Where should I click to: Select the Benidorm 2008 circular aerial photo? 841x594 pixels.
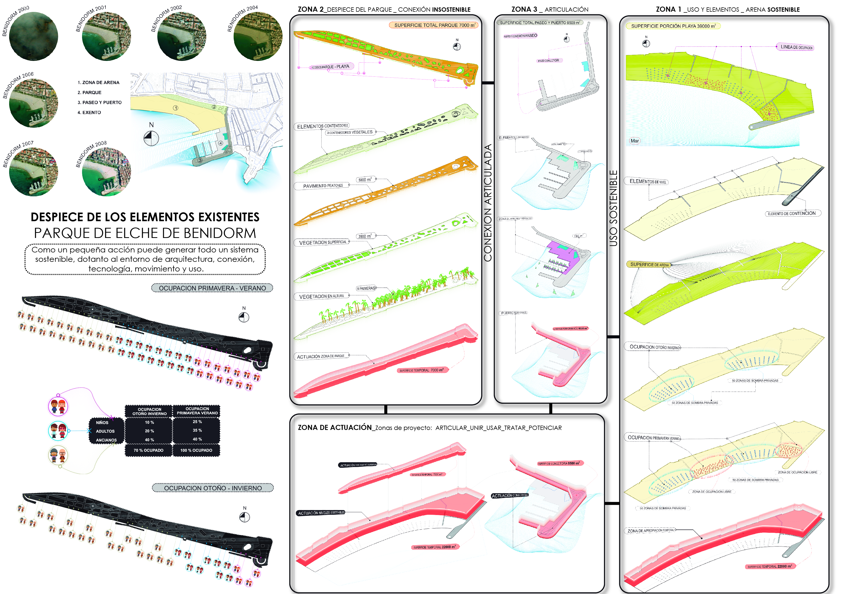(106, 172)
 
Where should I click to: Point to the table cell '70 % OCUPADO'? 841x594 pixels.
(148, 450)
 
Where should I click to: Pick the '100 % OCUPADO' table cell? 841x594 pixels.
(196, 450)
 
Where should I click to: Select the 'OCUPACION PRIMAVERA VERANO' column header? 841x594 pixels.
(197, 411)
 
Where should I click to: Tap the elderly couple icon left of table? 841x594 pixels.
(58, 455)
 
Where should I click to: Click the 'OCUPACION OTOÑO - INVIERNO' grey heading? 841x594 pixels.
(213, 488)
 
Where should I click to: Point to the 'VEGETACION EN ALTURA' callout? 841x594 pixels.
(321, 296)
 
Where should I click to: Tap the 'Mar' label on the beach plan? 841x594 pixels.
(634, 141)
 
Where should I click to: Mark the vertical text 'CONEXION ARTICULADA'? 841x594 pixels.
(487, 203)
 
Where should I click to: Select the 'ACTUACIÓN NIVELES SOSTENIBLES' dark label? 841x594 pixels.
(321, 513)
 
